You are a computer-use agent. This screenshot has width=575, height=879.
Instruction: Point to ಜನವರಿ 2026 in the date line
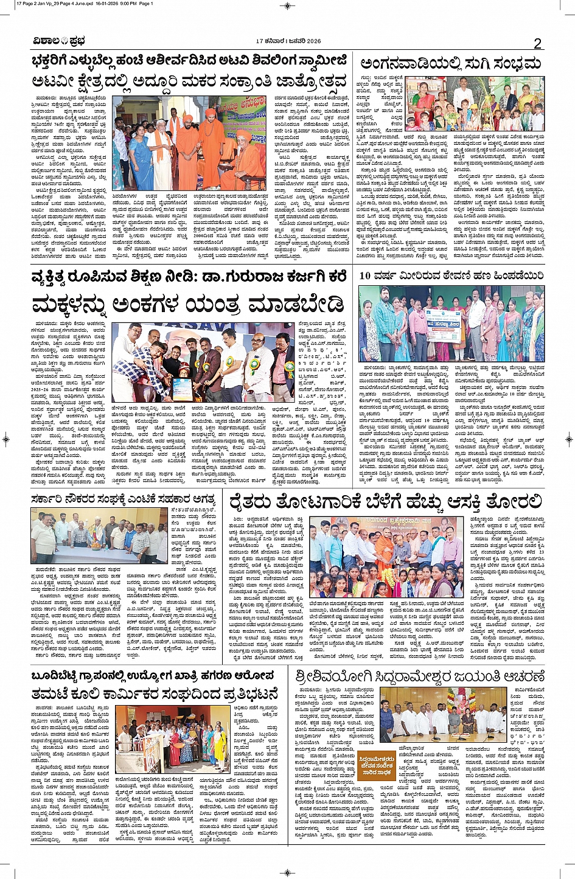pyautogui.click(x=302, y=41)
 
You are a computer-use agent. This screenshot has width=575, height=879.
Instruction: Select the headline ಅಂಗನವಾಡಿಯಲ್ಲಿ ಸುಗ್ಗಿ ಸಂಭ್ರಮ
pyautogui.click(x=450, y=64)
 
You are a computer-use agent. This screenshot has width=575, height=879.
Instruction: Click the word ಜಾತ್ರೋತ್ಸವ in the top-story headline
pyautogui.click(x=310, y=81)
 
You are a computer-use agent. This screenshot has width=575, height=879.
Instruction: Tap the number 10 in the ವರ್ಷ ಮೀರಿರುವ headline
pyautogui.click(x=366, y=275)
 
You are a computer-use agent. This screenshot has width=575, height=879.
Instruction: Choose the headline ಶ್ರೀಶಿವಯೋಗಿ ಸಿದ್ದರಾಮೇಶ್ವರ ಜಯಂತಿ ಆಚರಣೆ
pyautogui.click(x=419, y=677)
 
